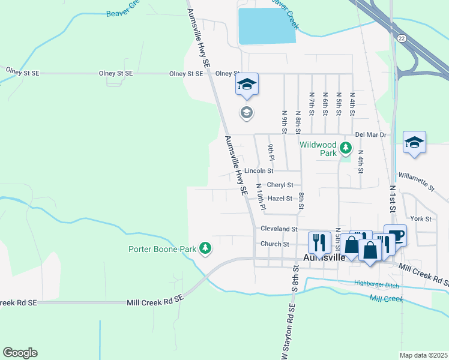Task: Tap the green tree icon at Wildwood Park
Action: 345,147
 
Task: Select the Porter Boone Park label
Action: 163,249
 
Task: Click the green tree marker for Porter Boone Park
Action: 205,248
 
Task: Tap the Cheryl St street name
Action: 280,185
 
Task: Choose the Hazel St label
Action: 280,199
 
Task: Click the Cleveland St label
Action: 279,229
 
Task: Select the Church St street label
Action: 275,244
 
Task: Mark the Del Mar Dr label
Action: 370,135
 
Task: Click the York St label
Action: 420,219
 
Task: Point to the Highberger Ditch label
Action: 376,283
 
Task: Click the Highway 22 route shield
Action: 400,38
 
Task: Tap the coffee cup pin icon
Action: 395,234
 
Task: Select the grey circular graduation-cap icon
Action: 246,112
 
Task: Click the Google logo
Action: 20,353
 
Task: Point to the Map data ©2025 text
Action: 423,355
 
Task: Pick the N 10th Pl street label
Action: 260,196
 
